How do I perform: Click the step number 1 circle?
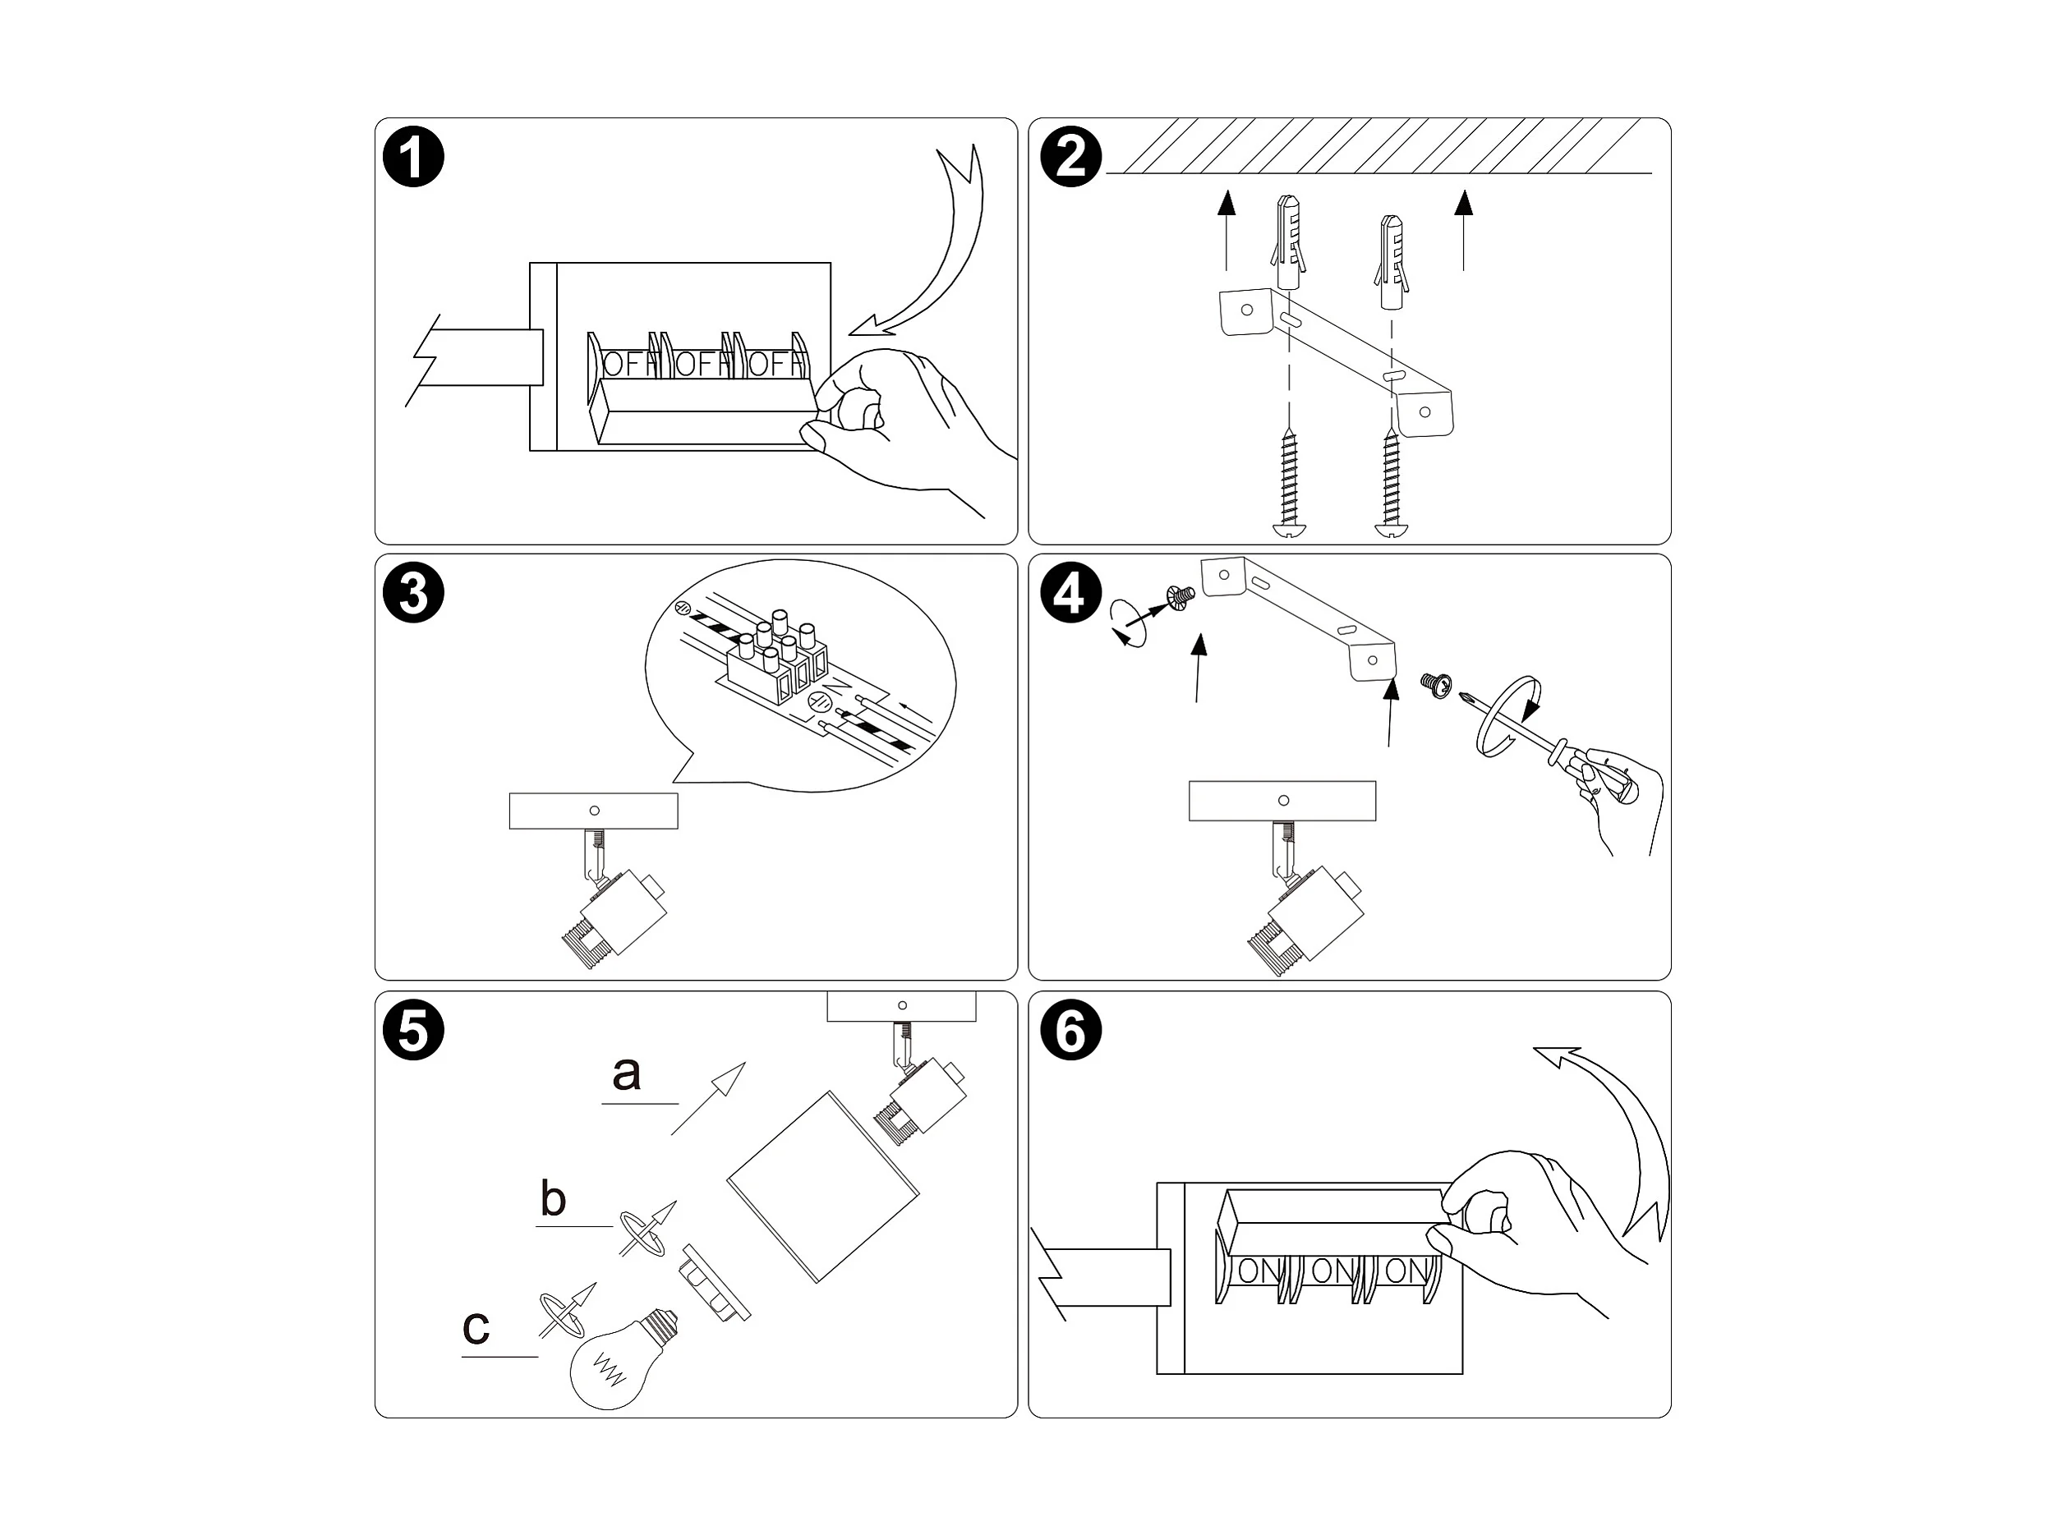tap(413, 157)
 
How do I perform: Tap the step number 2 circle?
tap(1070, 157)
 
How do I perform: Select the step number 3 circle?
tap(413, 592)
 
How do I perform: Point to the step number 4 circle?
tap(1070, 592)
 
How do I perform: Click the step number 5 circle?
tap(413, 1030)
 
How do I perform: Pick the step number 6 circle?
tap(1070, 1030)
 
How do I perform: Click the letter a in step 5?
tap(627, 1074)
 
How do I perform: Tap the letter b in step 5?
tap(553, 1199)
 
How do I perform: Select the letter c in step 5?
tap(476, 1327)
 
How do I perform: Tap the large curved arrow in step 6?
tap(1630, 1139)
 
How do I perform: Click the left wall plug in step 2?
tap(1288, 241)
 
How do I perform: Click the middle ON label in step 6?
tap(1332, 1271)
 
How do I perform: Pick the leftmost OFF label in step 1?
tap(626, 364)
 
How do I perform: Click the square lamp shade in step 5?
tap(822, 1187)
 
